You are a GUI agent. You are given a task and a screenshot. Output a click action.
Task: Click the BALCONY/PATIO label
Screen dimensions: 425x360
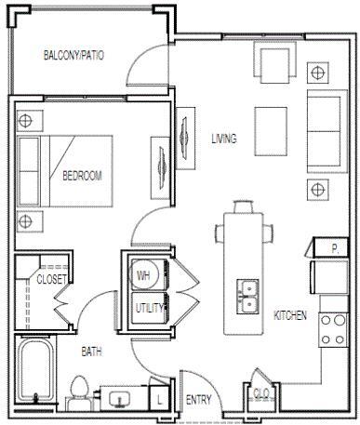(73, 56)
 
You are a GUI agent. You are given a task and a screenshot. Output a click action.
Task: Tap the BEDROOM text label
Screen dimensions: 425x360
(82, 175)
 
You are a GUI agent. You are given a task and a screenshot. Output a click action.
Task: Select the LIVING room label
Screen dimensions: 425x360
(223, 139)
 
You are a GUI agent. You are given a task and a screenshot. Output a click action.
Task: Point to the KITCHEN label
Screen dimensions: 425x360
(290, 316)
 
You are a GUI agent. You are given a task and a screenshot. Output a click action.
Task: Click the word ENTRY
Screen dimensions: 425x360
(199, 401)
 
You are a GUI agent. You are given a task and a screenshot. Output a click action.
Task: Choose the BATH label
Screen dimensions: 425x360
(91, 352)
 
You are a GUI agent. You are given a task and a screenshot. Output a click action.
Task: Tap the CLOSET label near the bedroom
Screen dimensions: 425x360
(51, 279)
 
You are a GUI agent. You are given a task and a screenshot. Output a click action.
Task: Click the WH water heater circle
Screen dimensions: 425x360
(144, 275)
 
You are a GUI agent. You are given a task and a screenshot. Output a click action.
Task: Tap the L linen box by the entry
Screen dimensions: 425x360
(162, 397)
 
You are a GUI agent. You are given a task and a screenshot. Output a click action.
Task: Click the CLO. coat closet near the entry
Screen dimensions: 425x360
(261, 393)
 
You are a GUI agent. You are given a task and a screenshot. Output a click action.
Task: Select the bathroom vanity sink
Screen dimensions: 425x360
(120, 399)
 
